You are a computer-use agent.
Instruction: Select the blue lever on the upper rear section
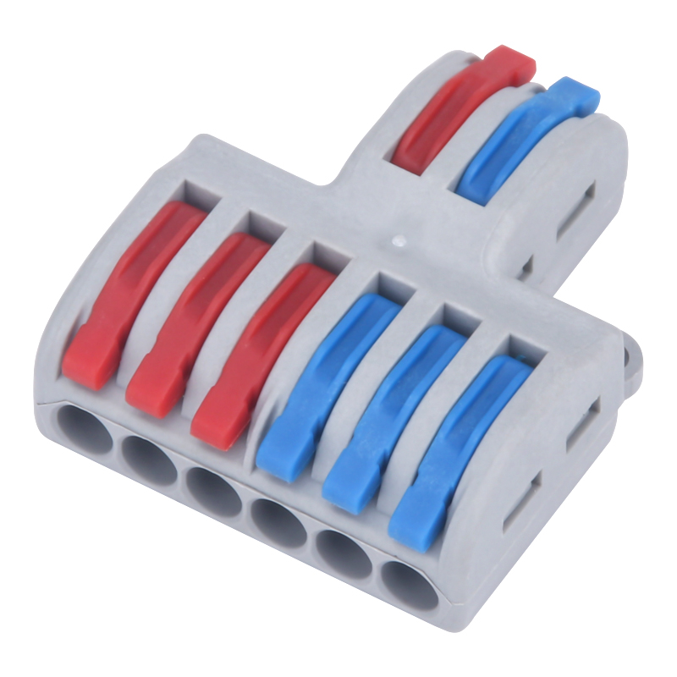tap(525, 140)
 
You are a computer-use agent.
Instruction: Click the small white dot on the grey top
tap(397, 242)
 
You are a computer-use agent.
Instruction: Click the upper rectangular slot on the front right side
tap(581, 423)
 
